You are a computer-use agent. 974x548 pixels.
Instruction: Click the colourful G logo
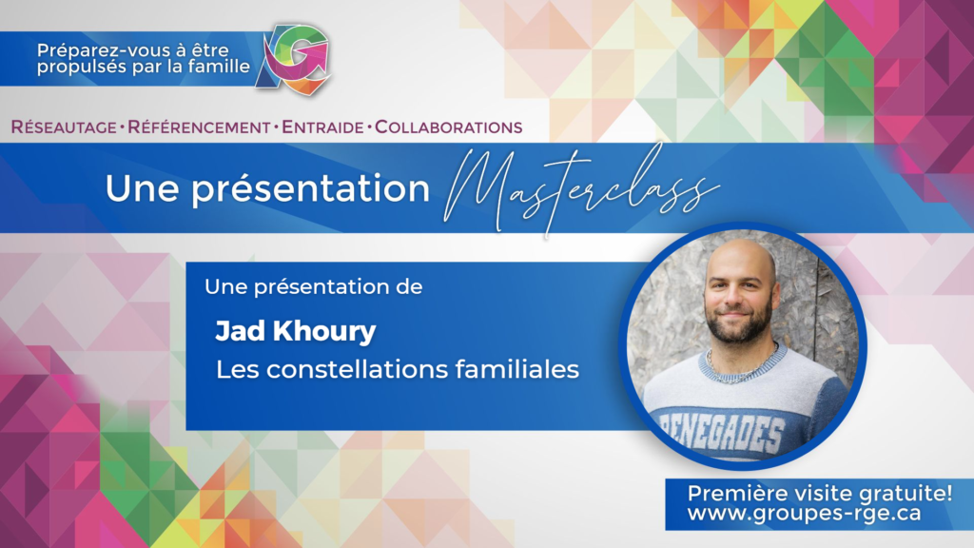[x=293, y=60]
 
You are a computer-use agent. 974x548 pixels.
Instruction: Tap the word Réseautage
[x=64, y=127]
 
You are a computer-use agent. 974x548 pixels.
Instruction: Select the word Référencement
[x=199, y=127]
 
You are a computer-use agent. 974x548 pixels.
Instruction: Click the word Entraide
[x=322, y=127]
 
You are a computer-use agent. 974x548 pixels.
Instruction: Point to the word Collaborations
[x=449, y=127]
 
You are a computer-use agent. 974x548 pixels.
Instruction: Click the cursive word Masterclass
[x=581, y=189]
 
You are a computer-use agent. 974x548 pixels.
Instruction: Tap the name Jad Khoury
[x=295, y=331]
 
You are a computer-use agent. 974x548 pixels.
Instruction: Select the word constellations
[x=358, y=370]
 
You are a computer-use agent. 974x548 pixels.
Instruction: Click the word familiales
[x=516, y=370]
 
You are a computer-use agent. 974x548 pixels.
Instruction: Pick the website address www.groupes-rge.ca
[x=804, y=514]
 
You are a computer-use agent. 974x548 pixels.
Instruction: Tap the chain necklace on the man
[x=739, y=365]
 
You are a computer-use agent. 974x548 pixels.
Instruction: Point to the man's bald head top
[x=740, y=250]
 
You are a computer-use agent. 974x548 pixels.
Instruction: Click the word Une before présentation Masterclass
[x=143, y=188]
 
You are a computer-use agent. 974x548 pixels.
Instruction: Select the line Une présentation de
[x=314, y=287]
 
